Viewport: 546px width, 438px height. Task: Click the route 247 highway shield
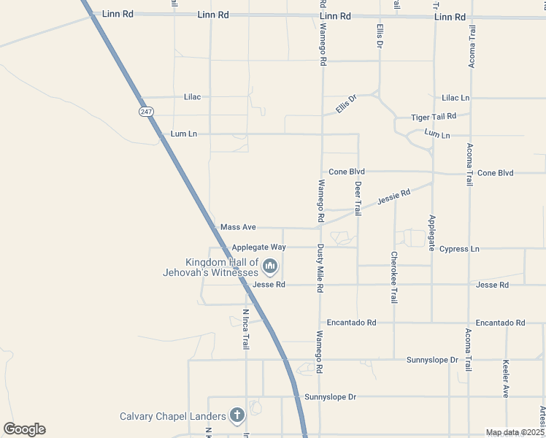coord(147,111)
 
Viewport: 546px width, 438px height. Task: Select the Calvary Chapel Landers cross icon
coord(237,416)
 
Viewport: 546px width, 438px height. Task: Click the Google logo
coord(24,429)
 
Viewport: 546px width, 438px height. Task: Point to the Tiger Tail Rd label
coord(434,117)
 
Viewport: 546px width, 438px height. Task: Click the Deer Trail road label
coord(358,199)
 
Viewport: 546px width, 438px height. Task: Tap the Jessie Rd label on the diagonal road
coord(394,196)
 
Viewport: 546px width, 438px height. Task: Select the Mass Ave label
coord(238,228)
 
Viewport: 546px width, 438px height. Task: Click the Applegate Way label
coord(258,247)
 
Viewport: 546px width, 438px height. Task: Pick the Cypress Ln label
coord(459,249)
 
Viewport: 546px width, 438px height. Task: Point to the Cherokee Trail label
coord(394,277)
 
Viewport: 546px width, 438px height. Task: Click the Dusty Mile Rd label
coord(320,269)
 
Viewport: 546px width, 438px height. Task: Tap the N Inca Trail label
coord(246,329)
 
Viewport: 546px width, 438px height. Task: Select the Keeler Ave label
coord(505,378)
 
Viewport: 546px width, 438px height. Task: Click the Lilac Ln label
coord(455,98)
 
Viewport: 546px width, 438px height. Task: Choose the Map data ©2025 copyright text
coord(515,432)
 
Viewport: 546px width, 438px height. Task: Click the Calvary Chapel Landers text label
coord(173,417)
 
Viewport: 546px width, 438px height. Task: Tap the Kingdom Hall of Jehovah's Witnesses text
coord(211,267)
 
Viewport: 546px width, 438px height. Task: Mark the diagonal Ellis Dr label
coord(346,104)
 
